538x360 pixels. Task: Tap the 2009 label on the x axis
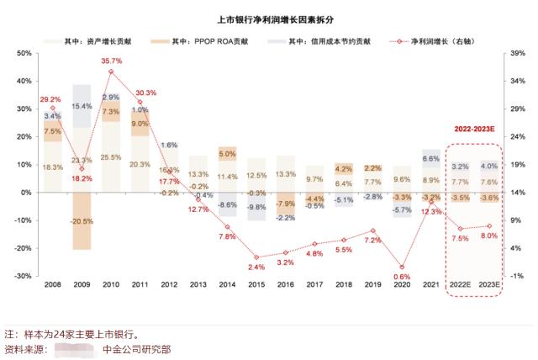82,286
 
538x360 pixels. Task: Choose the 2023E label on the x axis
488,286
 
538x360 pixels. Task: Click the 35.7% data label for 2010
111,61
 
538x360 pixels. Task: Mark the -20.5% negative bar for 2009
82,220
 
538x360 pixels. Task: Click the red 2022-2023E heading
474,130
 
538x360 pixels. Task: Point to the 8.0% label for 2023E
489,236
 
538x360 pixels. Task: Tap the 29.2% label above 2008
52,99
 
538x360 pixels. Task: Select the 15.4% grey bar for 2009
82,106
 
